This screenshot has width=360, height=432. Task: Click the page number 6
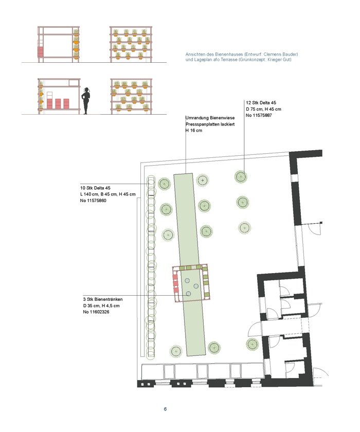pyautogui.click(x=165, y=409)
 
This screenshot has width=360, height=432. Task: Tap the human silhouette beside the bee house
pyautogui.click(x=86, y=101)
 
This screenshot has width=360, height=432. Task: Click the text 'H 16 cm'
pyautogui.click(x=194, y=130)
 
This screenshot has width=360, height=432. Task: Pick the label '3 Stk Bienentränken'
pyautogui.click(x=103, y=299)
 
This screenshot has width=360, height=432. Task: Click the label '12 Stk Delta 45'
pyautogui.click(x=261, y=103)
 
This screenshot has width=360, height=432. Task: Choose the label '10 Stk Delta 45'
pyautogui.click(x=95, y=188)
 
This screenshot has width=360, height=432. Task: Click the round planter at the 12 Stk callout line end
pyautogui.click(x=241, y=176)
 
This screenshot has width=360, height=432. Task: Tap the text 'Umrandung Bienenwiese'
pyautogui.click(x=210, y=118)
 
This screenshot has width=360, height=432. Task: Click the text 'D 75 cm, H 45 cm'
pyautogui.click(x=264, y=109)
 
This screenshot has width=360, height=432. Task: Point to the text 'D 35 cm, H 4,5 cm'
pyautogui.click(x=101, y=305)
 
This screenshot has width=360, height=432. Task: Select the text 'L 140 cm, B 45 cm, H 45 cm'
pyautogui.click(x=108, y=194)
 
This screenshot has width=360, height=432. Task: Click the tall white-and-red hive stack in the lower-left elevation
pyautogui.click(x=49, y=100)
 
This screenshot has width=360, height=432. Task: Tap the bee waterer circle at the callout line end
pyautogui.click(x=188, y=294)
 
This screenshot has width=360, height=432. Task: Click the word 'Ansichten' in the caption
pyautogui.click(x=195, y=55)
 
